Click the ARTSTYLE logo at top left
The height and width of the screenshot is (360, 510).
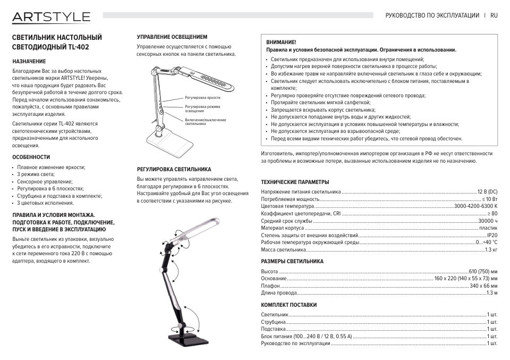click(x=52, y=17)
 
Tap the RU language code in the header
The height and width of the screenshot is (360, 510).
click(x=494, y=16)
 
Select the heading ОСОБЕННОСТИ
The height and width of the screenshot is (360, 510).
click(x=31, y=157)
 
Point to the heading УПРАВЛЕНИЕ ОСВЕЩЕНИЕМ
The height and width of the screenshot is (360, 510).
click(x=172, y=37)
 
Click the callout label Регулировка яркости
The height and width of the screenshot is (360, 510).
click(x=202, y=98)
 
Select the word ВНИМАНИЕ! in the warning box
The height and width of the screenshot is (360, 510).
click(x=281, y=41)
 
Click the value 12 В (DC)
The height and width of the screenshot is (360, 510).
click(x=487, y=191)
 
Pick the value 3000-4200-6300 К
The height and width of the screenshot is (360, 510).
click(x=475, y=206)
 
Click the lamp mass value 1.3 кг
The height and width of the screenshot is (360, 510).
click(x=491, y=249)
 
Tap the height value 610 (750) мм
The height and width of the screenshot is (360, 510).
click(x=483, y=271)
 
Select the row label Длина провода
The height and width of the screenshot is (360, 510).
click(x=279, y=293)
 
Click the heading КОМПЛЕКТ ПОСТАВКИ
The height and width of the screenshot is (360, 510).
click(x=288, y=305)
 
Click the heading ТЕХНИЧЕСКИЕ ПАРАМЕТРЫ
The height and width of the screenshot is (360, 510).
click(x=295, y=182)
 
